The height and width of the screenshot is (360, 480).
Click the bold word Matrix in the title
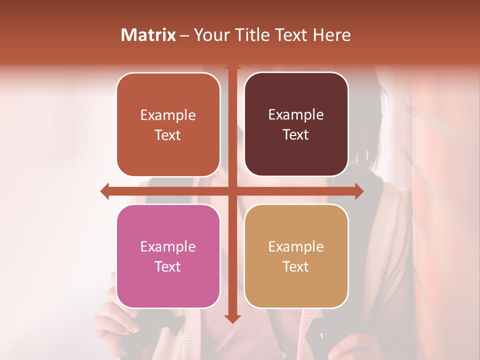(148, 35)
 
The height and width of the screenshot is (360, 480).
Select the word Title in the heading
(254, 35)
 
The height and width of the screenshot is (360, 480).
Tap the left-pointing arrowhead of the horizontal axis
(105, 191)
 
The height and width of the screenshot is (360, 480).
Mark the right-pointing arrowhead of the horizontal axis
(359, 191)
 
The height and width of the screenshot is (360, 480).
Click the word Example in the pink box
(168, 246)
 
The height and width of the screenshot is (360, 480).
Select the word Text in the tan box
(296, 266)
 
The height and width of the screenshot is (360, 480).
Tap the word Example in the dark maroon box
(296, 115)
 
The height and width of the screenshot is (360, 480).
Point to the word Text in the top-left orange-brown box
(168, 135)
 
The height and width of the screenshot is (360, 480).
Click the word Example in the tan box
(296, 246)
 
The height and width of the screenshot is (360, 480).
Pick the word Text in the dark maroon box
(296, 135)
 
